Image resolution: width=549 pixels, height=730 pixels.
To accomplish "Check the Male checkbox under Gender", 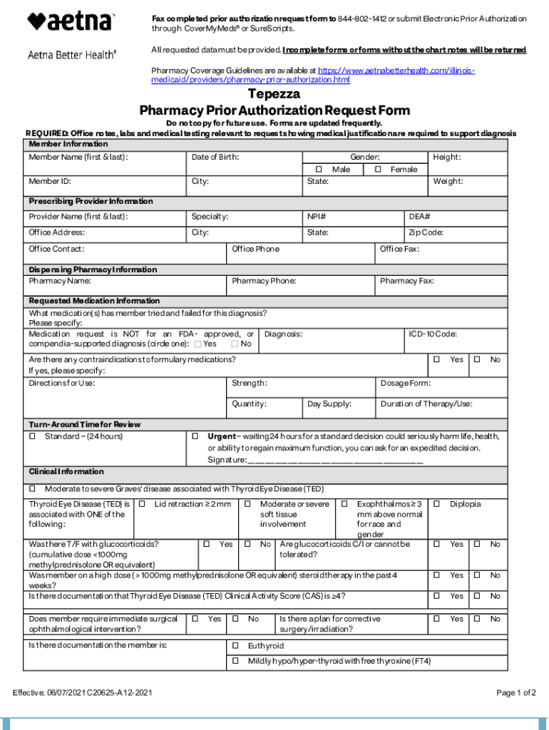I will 319,170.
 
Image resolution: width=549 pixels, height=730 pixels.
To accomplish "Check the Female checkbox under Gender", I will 379,170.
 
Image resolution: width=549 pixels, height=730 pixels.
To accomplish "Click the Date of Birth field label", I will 215,157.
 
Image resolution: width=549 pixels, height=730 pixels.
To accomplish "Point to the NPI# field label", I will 317,217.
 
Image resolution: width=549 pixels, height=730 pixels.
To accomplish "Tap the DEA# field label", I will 419,217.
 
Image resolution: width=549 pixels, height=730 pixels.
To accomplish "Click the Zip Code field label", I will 426,232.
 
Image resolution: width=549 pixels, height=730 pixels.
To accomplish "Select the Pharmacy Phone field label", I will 264,282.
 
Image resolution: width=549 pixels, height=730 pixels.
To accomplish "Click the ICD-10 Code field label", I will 433,334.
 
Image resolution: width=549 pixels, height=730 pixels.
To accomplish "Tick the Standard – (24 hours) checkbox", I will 32,436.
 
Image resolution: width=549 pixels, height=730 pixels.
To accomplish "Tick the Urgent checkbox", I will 195,436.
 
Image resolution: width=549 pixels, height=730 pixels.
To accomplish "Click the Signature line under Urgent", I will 335,461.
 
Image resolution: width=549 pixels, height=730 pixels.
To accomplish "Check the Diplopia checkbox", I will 437,505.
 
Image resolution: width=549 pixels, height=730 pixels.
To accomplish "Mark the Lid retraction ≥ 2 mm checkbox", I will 142,505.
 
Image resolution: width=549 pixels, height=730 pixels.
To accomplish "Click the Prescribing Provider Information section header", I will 91,202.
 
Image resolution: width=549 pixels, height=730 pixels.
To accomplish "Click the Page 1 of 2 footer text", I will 515,693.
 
